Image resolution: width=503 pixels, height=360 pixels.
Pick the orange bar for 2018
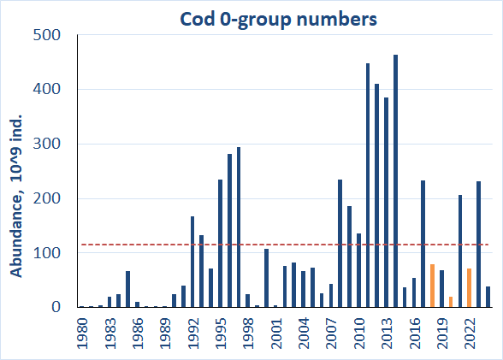click(x=432, y=286)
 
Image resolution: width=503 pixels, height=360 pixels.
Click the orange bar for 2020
click(x=451, y=302)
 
